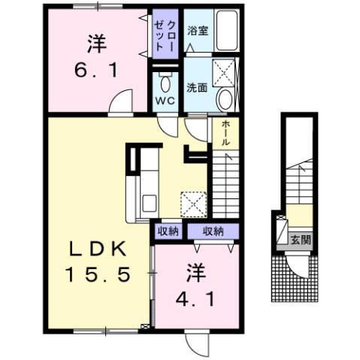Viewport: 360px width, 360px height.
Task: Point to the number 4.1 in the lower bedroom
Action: click(198, 298)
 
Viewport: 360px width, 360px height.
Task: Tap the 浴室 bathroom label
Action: click(197, 32)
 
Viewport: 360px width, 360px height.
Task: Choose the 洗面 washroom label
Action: click(197, 86)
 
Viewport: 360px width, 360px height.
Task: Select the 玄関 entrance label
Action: click(301, 241)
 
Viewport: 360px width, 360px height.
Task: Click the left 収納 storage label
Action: click(168, 231)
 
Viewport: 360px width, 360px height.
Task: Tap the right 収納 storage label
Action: click(213, 231)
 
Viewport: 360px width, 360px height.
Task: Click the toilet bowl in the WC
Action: click(165, 82)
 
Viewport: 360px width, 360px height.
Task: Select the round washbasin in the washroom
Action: click(225, 99)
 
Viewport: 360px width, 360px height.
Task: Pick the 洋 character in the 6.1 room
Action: click(95, 44)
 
